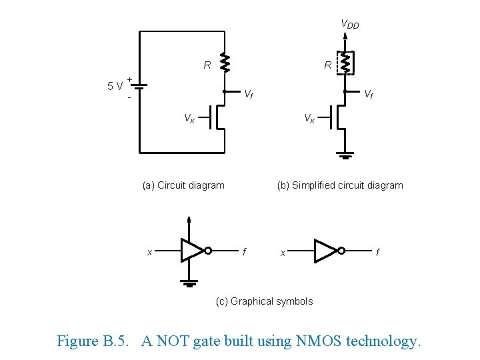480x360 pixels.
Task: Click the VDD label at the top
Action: click(x=349, y=25)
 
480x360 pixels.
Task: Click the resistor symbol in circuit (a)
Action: click(x=225, y=63)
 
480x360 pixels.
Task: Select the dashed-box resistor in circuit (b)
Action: click(x=345, y=63)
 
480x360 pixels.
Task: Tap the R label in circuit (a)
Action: click(x=207, y=65)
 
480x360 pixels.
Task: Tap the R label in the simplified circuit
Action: click(x=327, y=65)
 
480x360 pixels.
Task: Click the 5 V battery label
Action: click(x=115, y=85)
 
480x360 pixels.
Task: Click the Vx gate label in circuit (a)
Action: click(x=189, y=119)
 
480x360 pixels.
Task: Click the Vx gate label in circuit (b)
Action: click(x=309, y=119)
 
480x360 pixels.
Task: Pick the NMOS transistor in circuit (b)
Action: click(x=338, y=117)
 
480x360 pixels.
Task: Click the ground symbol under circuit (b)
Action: click(x=345, y=156)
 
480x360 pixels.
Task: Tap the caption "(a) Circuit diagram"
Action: click(x=183, y=185)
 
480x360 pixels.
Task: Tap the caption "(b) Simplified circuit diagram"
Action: click(x=340, y=185)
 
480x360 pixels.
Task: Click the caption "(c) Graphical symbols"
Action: click(x=264, y=301)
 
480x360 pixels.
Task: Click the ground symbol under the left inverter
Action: click(x=190, y=283)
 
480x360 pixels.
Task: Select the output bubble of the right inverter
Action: click(x=341, y=251)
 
